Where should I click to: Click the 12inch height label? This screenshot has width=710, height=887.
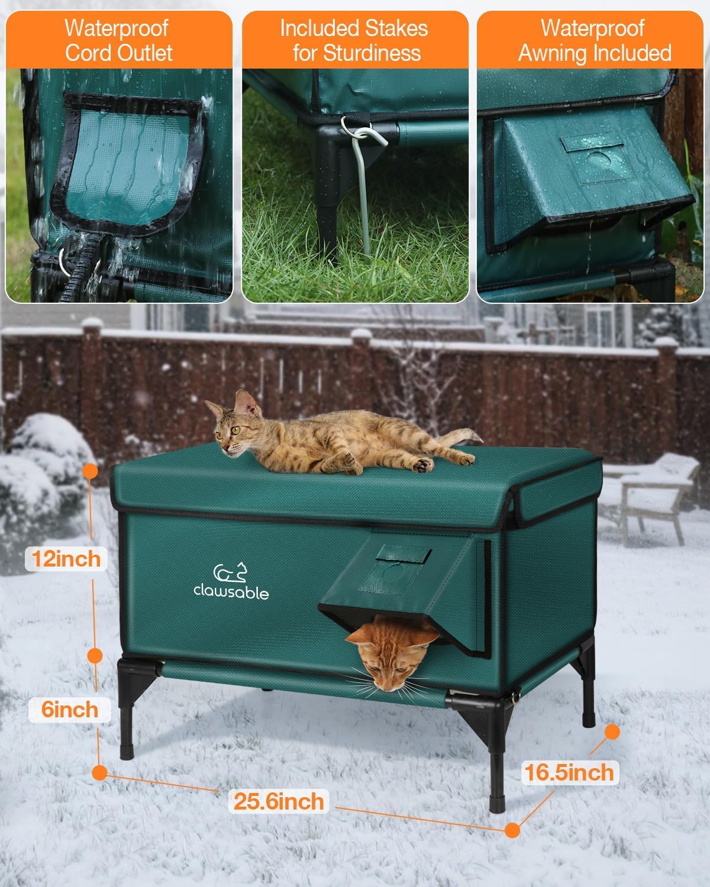(66, 558)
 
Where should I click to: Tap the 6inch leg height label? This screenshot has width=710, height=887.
(70, 709)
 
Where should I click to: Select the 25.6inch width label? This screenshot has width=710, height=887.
(279, 801)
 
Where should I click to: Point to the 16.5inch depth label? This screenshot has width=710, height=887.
(569, 772)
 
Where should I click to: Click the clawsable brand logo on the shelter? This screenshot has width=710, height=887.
(231, 582)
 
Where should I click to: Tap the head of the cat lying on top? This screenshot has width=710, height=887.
(232, 425)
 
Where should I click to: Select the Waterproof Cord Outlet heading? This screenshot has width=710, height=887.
(118, 40)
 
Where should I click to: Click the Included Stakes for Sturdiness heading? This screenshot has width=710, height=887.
(354, 40)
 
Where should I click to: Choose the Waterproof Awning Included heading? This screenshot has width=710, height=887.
(594, 40)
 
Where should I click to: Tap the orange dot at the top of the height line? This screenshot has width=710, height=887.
(90, 471)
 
